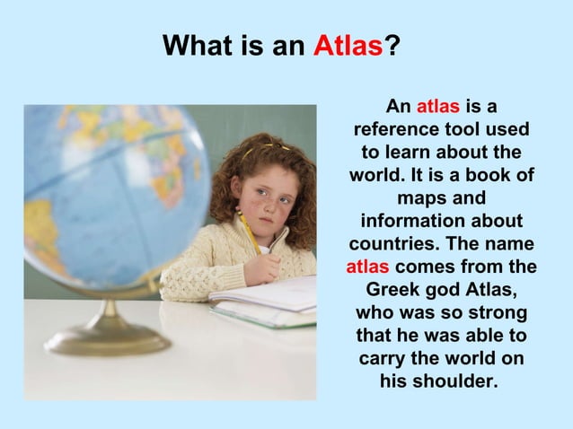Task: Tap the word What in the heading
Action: [x=198, y=45]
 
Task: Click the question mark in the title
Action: [x=392, y=45]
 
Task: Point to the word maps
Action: [x=419, y=197]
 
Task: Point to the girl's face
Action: [x=261, y=197]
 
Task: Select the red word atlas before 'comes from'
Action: [x=367, y=267]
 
